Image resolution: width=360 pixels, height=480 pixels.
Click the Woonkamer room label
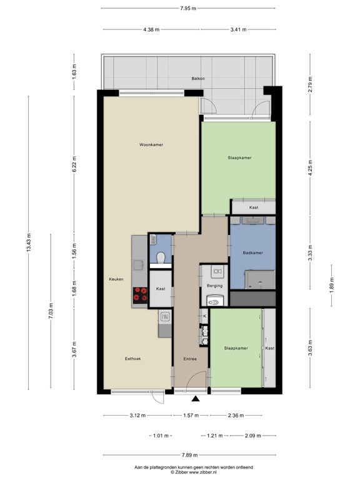(151, 144)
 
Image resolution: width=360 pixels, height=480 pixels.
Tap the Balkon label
(198, 79)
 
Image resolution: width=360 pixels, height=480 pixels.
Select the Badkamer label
(252, 252)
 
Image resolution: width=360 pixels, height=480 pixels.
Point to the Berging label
(214, 286)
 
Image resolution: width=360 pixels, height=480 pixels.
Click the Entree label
(190, 359)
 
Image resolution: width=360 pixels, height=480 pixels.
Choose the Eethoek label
(133, 359)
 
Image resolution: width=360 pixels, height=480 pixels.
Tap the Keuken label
(116, 279)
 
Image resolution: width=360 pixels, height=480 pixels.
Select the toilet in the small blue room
(160, 257)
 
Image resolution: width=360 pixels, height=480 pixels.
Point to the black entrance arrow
(196, 399)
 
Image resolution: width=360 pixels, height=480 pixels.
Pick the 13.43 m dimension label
(28, 244)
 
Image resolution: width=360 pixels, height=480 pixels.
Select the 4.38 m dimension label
(151, 29)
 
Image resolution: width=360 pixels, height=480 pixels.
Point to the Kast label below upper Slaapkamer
(253, 207)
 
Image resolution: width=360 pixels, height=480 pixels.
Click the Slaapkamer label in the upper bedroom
(239, 158)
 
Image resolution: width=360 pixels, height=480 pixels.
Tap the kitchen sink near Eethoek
(164, 317)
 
